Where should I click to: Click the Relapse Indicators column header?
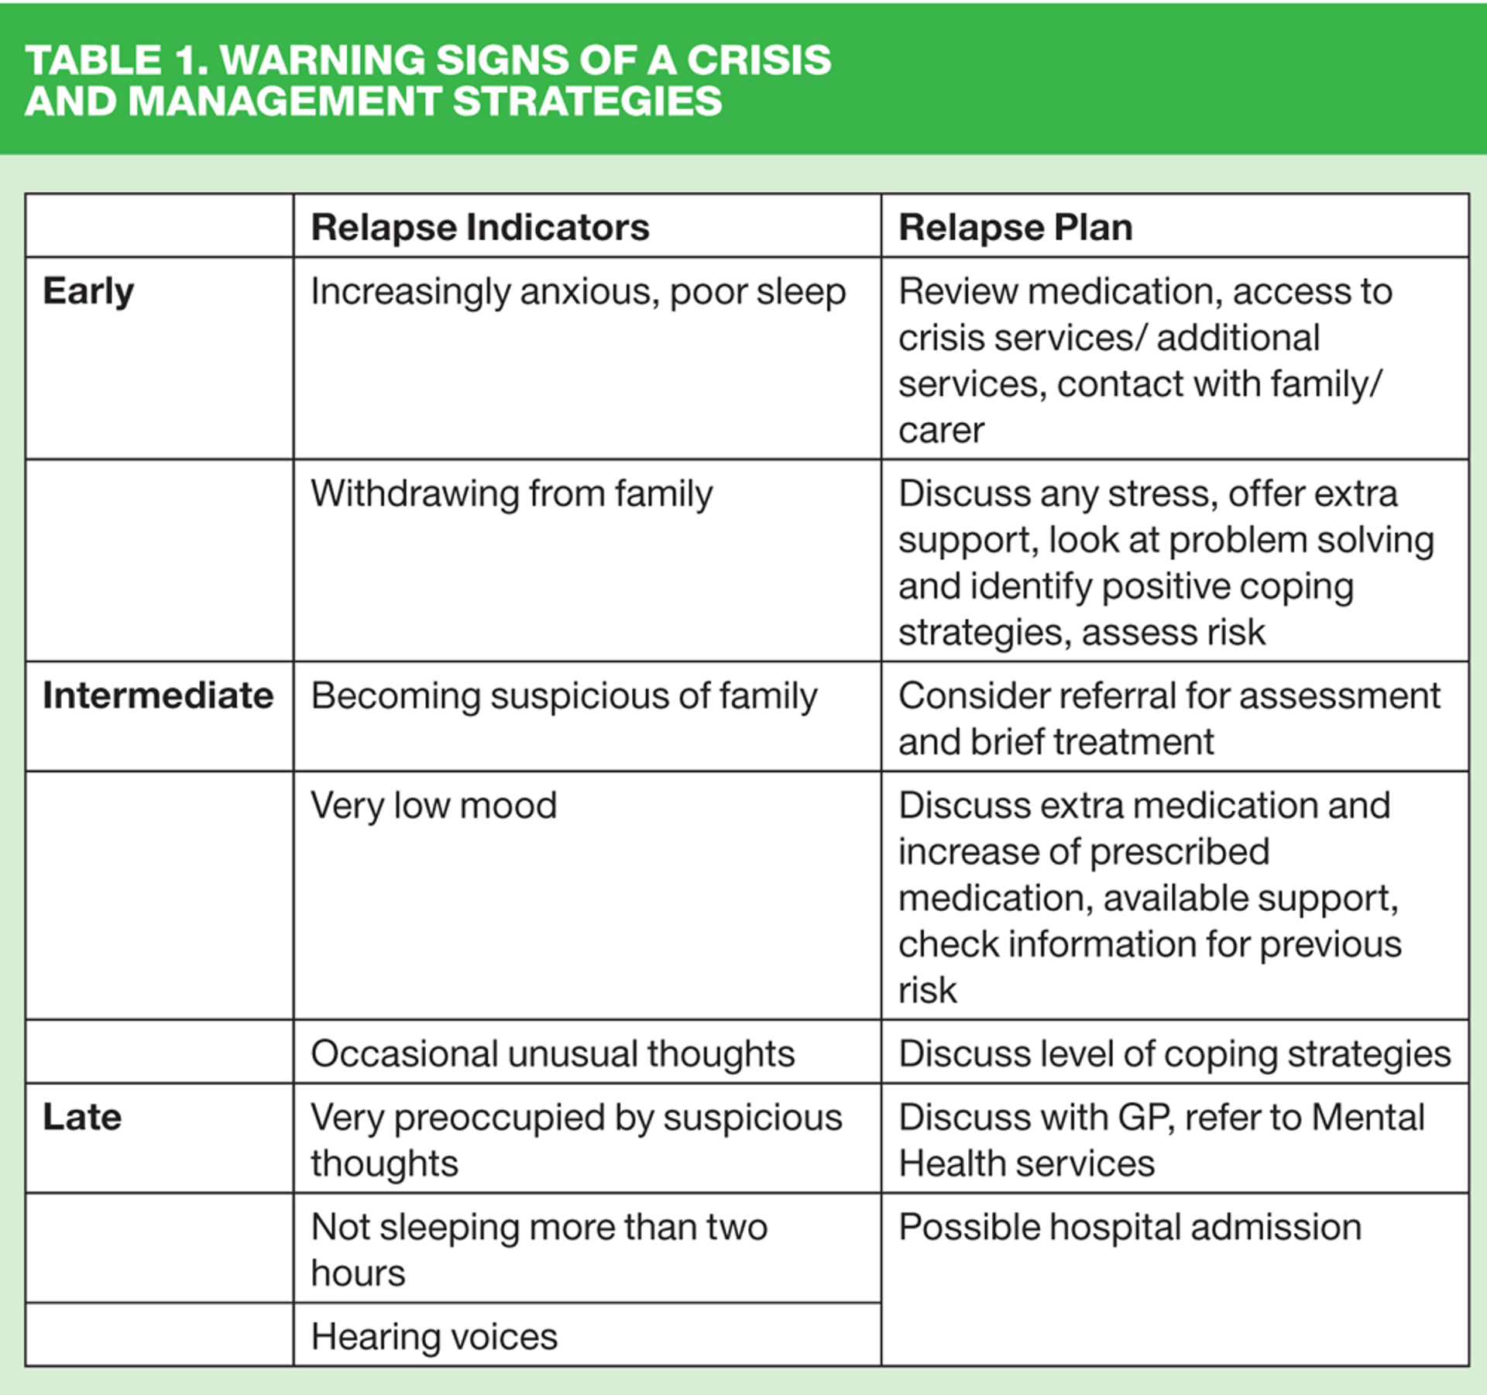[479, 228]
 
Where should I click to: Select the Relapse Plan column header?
[1015, 228]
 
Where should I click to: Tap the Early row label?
[88, 292]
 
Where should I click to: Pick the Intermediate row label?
[158, 696]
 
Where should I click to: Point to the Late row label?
[82, 1117]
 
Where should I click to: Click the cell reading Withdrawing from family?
[511, 494]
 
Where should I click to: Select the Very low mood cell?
[434, 806]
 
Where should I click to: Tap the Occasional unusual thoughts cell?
[552, 1054]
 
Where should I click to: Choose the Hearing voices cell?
[434, 1337]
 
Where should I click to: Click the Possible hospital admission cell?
[1129, 1227]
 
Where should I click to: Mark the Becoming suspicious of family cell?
[563, 696]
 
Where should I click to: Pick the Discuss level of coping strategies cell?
[1174, 1054]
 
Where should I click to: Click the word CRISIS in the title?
[759, 60]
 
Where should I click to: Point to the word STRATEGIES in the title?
[587, 101]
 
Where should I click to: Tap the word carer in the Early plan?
[941, 431]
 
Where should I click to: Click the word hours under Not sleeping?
[358, 1273]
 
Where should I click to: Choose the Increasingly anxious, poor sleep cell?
[578, 292]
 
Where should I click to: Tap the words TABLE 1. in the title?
[116, 60]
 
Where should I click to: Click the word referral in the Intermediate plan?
[1118, 696]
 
